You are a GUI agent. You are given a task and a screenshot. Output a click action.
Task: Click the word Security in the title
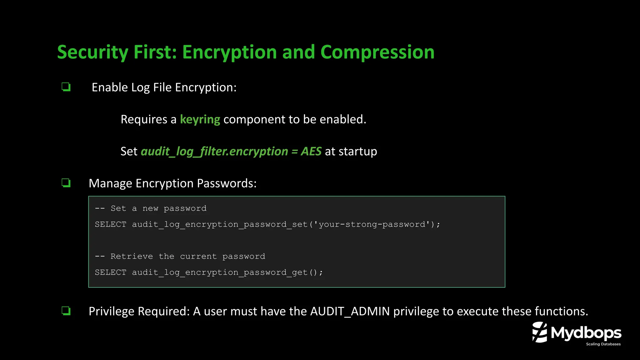[x=92, y=52]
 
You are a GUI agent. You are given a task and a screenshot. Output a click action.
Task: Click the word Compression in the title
[x=377, y=52]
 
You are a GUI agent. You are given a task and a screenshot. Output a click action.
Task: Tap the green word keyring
[x=200, y=119]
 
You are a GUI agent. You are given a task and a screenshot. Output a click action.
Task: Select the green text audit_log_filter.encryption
[x=214, y=152]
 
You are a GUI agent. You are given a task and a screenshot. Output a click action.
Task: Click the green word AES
[x=311, y=152]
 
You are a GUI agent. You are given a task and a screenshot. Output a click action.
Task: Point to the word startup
[x=357, y=152]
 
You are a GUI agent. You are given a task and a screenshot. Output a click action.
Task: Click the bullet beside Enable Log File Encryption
[x=66, y=87]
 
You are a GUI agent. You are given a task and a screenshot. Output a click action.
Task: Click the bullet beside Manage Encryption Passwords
[x=66, y=183]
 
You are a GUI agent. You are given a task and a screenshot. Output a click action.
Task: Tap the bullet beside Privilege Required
[x=66, y=311]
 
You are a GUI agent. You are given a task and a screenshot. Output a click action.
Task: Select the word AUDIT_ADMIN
[x=350, y=312]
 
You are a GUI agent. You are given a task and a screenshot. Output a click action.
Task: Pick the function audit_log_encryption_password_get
[x=220, y=272]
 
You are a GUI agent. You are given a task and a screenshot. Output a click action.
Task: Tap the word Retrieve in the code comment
[x=132, y=257]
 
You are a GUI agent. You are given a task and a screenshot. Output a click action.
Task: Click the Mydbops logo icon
[x=540, y=332]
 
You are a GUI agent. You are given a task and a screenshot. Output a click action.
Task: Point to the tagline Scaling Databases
[x=603, y=344]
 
